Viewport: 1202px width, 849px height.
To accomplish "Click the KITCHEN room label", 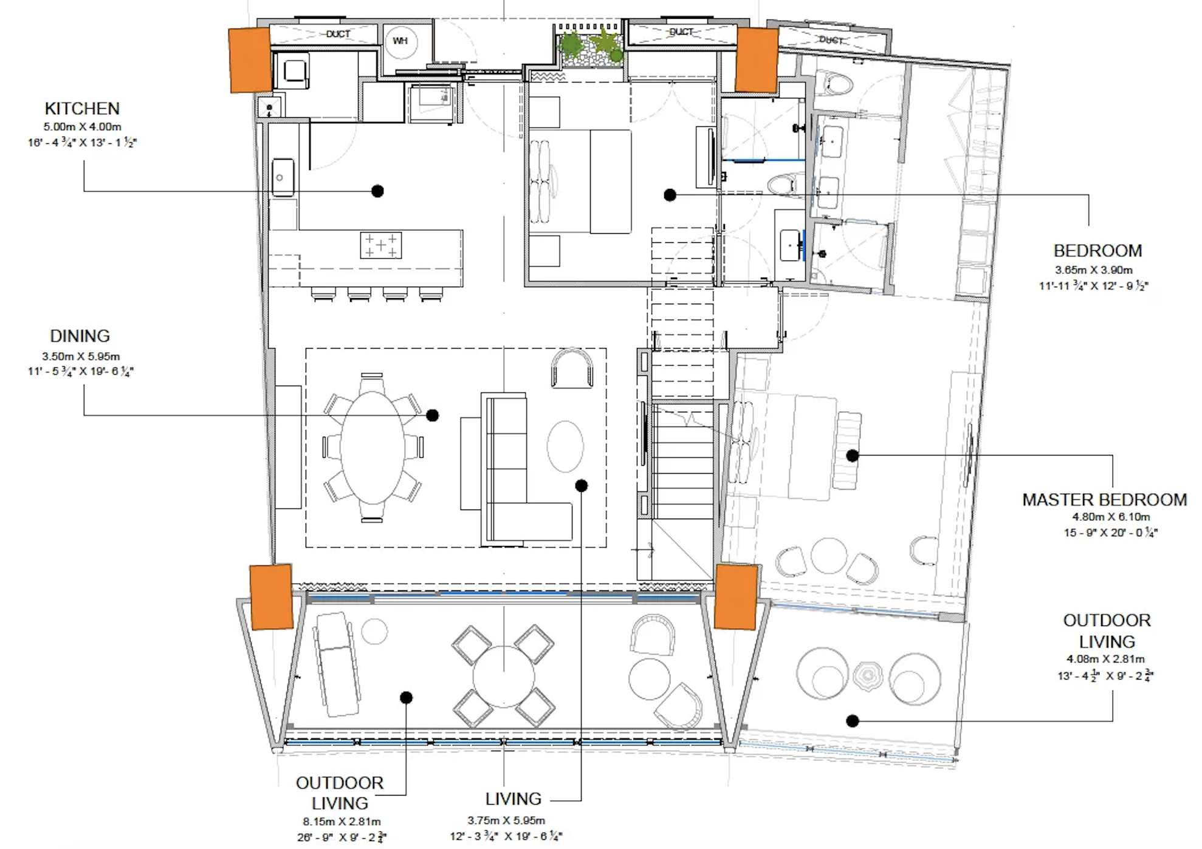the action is click(82, 109).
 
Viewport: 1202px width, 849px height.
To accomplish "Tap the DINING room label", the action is click(80, 336).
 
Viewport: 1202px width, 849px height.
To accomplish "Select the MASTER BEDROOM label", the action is click(1104, 500).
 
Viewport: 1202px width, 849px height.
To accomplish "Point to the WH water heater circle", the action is click(400, 41).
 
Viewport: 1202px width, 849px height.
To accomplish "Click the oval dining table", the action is click(373, 448).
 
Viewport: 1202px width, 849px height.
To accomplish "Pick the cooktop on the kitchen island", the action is click(380, 245).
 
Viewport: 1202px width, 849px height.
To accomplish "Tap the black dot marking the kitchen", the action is click(377, 191).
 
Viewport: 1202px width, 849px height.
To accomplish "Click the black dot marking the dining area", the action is click(432, 415).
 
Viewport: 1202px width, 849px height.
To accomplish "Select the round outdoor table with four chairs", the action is click(504, 676).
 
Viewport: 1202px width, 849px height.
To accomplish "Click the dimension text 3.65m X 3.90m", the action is click(1094, 270).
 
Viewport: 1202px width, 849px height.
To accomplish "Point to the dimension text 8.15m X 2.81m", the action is click(342, 822).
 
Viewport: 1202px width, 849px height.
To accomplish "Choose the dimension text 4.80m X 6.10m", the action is click(1111, 517).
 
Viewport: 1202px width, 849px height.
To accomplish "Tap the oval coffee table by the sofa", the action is click(565, 446).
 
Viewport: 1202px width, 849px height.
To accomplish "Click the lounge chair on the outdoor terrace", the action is click(336, 664).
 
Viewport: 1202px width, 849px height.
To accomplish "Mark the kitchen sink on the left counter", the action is click(283, 177).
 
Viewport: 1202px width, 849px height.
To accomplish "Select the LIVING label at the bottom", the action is click(513, 799).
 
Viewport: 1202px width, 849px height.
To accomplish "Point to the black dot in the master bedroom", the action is click(853, 455).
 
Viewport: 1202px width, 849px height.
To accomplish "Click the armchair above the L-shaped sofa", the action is click(572, 368).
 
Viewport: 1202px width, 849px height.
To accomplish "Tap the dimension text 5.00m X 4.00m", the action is click(82, 127).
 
